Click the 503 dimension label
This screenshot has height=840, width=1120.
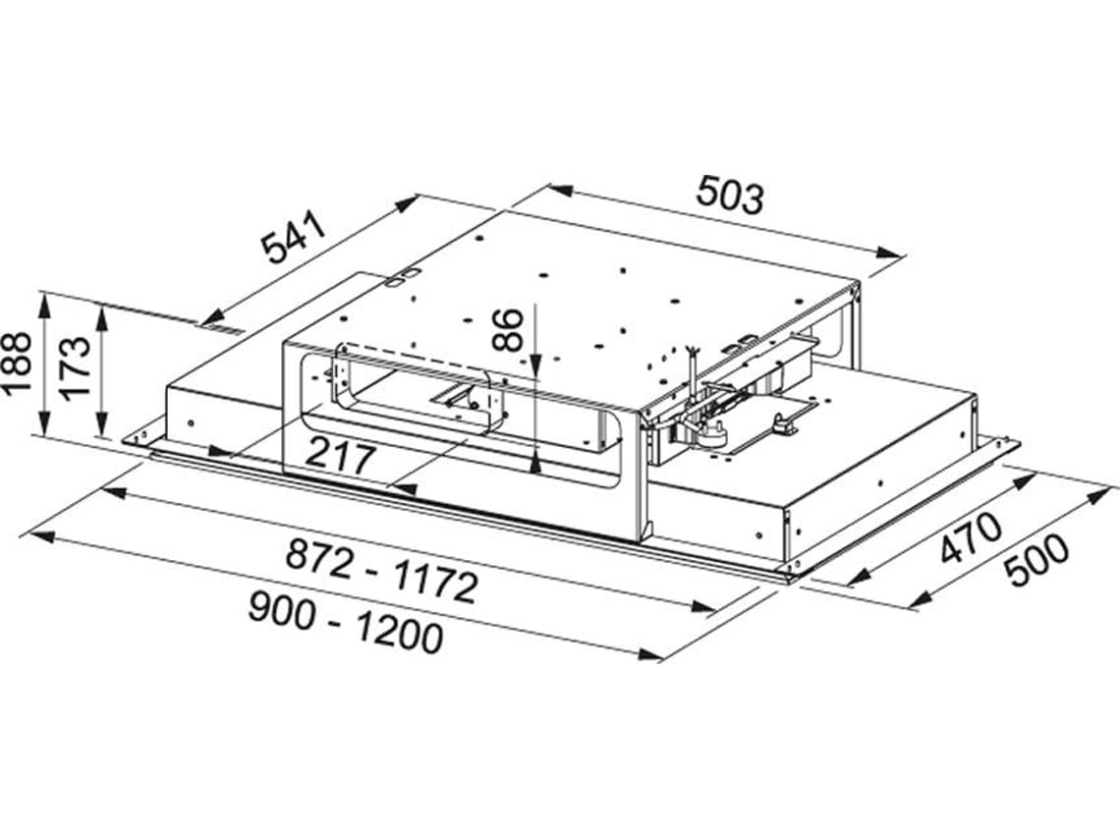(730, 195)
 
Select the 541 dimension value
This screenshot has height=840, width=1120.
(293, 237)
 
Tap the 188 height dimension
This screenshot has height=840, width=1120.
(16, 362)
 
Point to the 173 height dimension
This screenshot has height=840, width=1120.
(74, 366)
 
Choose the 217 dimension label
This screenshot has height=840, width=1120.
(339, 457)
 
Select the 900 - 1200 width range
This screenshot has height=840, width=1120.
(345, 625)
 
